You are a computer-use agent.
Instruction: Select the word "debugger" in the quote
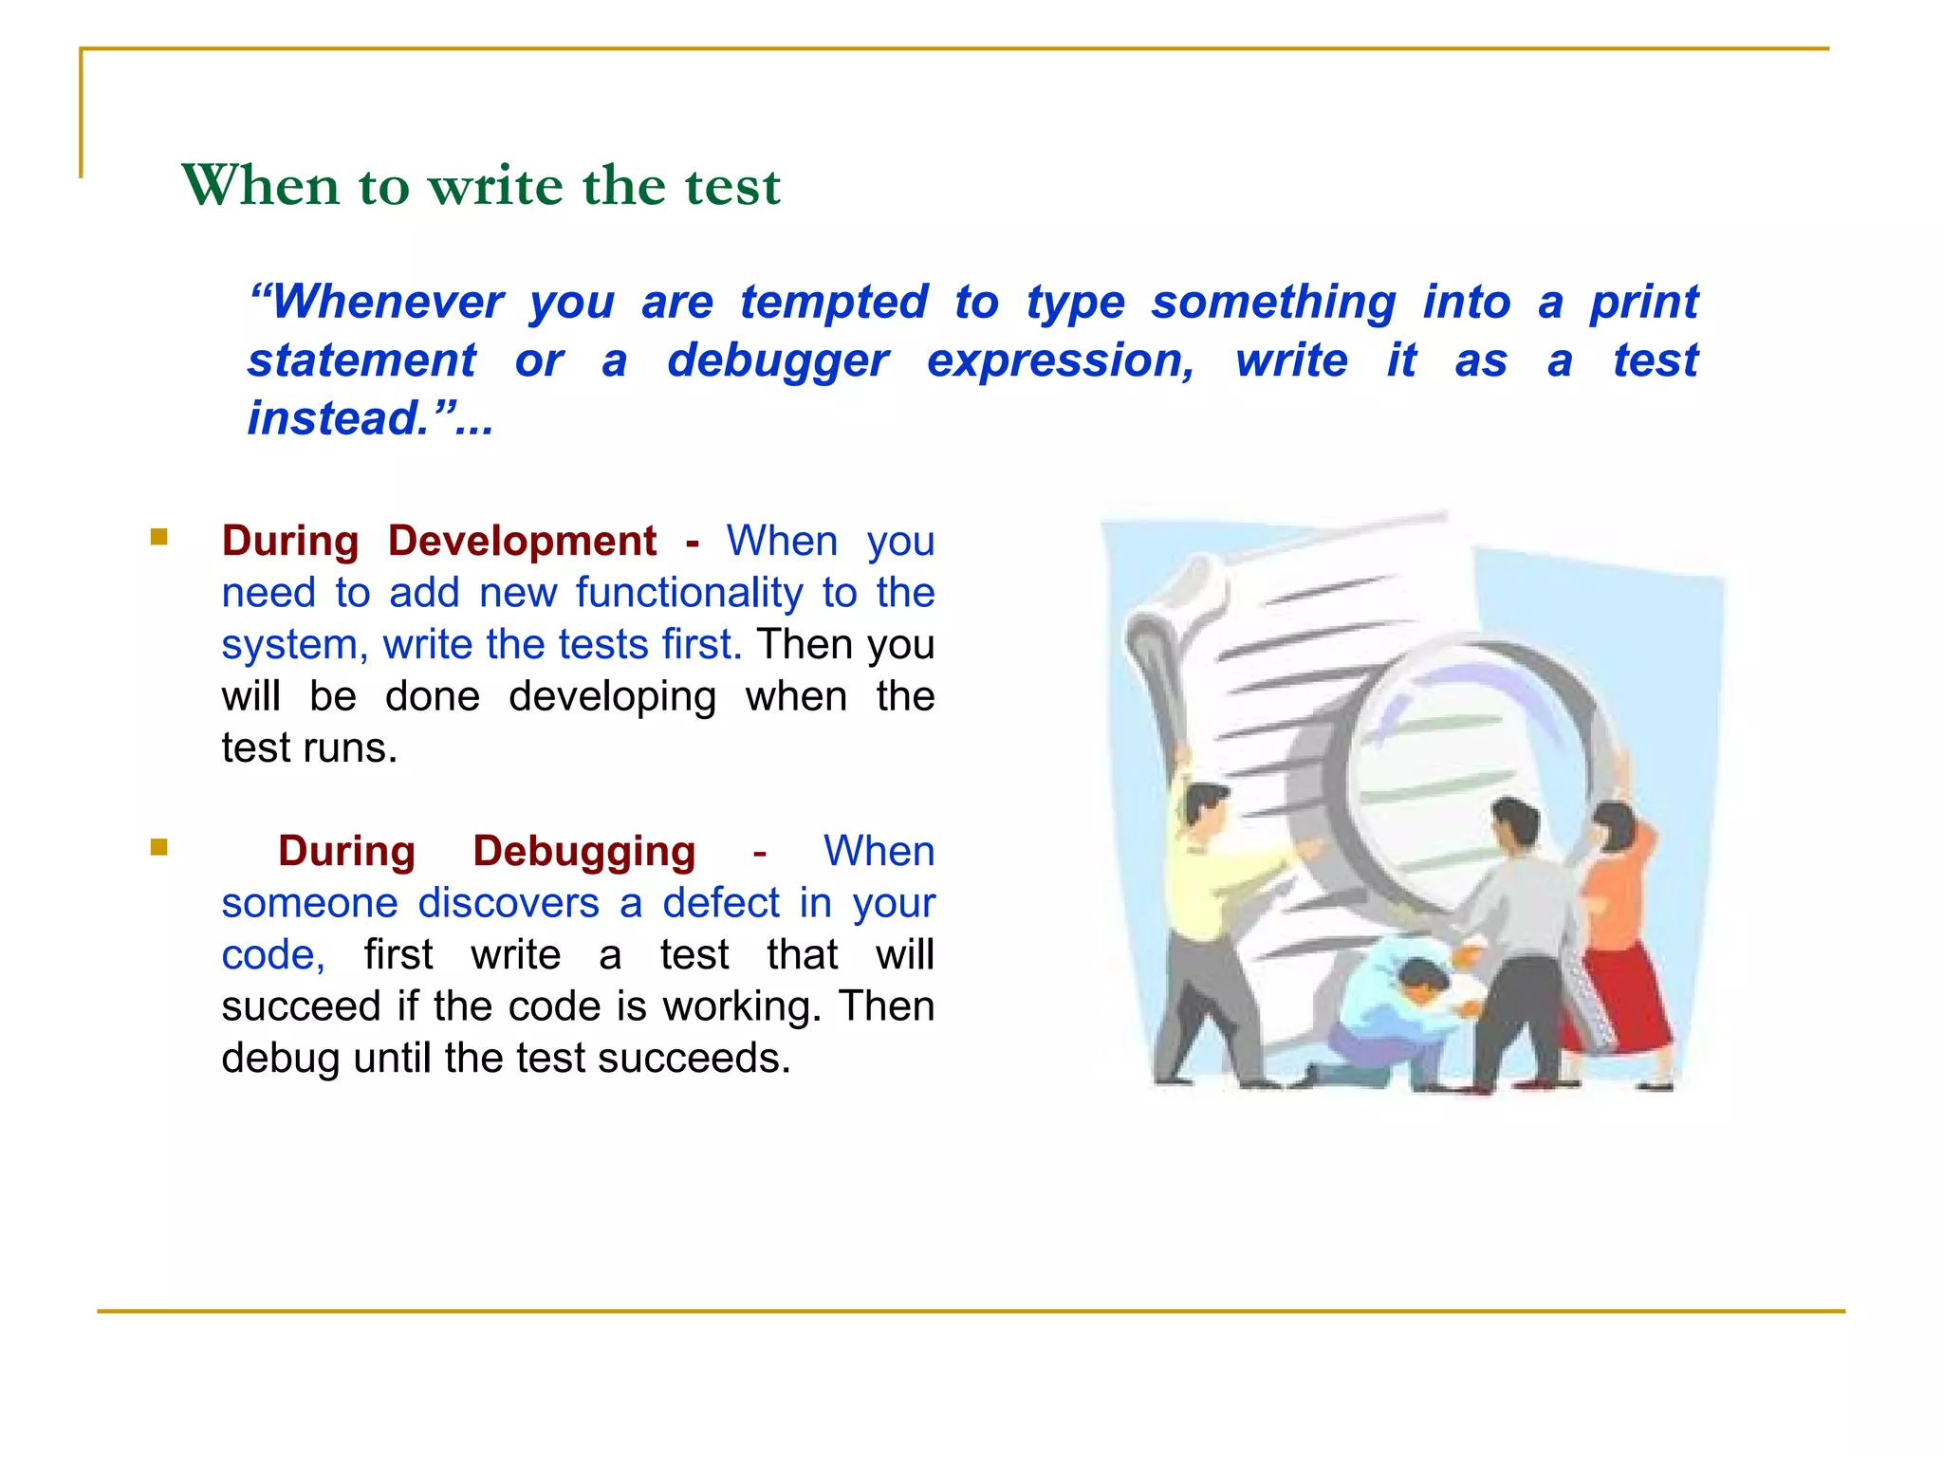point(778,360)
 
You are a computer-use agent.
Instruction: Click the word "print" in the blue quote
point(1644,303)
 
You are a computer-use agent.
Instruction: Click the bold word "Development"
point(522,542)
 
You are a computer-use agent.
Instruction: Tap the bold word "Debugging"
point(583,852)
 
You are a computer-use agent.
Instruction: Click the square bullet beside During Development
point(158,538)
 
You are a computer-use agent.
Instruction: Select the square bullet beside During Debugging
point(158,847)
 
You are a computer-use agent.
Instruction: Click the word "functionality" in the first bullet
point(690,593)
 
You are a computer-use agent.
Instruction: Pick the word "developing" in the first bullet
point(612,697)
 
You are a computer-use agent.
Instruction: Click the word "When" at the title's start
point(261,185)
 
